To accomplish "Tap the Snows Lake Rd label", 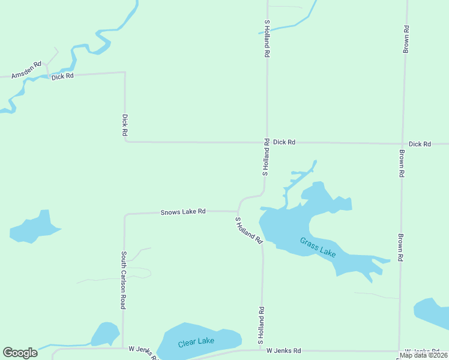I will tap(183, 212).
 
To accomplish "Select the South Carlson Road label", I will tap(123, 280).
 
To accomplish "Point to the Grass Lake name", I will tap(318, 247).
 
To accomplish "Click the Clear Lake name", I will tap(196, 342).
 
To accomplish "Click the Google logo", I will tap(20, 353).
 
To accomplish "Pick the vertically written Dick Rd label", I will tap(125, 125).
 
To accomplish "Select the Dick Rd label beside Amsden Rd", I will tap(62, 77).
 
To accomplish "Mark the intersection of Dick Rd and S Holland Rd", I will tap(267, 143).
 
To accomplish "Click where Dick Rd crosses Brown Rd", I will tap(402, 144).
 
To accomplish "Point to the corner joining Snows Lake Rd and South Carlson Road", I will tap(125, 214).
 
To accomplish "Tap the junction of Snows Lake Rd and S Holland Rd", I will tap(238, 211).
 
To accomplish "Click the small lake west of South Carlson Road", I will tap(34, 227).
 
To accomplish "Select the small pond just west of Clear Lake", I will tap(106, 334).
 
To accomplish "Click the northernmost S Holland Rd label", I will tap(267, 38).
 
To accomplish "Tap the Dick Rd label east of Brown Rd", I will tap(420, 145).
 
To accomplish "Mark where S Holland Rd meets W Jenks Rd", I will tap(261, 350).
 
